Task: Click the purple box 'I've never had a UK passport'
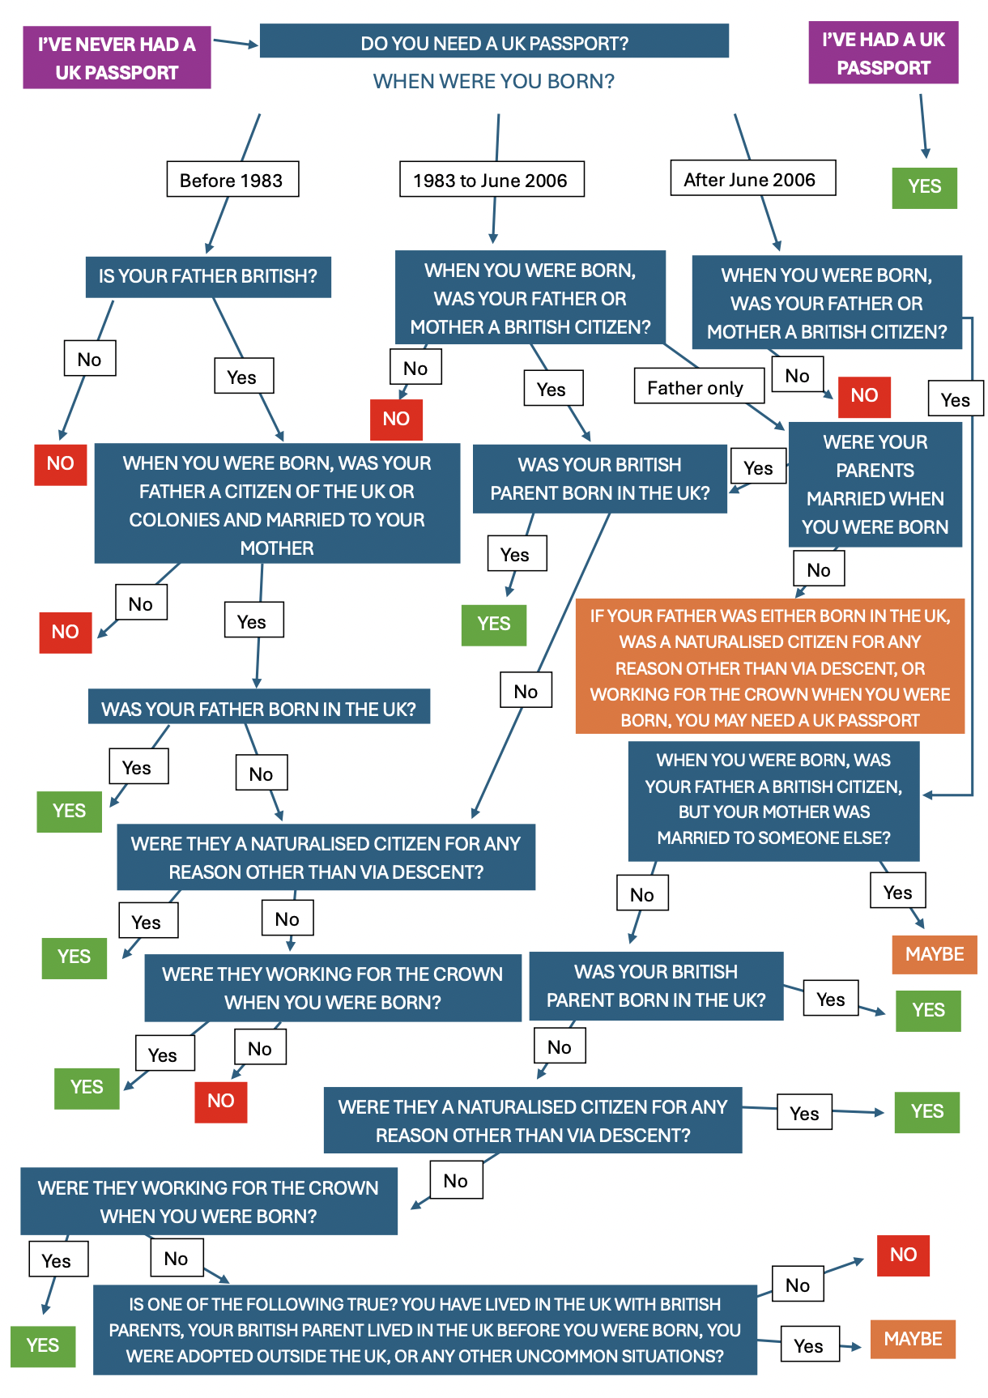[x=117, y=58]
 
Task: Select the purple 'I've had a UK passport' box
[x=883, y=53]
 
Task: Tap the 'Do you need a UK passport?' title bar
[x=494, y=43]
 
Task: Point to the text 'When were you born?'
[x=493, y=82]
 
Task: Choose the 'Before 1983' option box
[x=232, y=180]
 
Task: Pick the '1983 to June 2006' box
[x=491, y=180]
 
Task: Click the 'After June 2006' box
[x=752, y=179]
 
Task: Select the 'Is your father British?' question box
[x=208, y=277]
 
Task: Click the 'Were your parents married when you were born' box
[x=875, y=484]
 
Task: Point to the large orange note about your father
[x=769, y=667]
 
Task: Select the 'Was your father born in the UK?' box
[x=258, y=709]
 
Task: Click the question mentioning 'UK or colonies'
[x=277, y=505]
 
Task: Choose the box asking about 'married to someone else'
[x=773, y=800]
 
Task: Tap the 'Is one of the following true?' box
[x=424, y=1330]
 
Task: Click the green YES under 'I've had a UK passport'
[x=924, y=187]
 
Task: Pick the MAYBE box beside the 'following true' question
[x=913, y=1339]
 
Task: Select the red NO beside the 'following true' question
[x=903, y=1255]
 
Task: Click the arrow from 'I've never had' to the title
[x=235, y=43]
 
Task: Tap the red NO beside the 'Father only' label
[x=864, y=396]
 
